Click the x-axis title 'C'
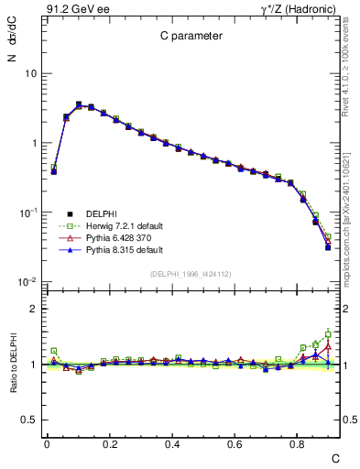click(x=334, y=457)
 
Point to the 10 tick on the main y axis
click(x=30, y=73)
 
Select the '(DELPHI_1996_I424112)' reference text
click(x=191, y=273)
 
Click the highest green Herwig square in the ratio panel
click(x=328, y=334)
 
